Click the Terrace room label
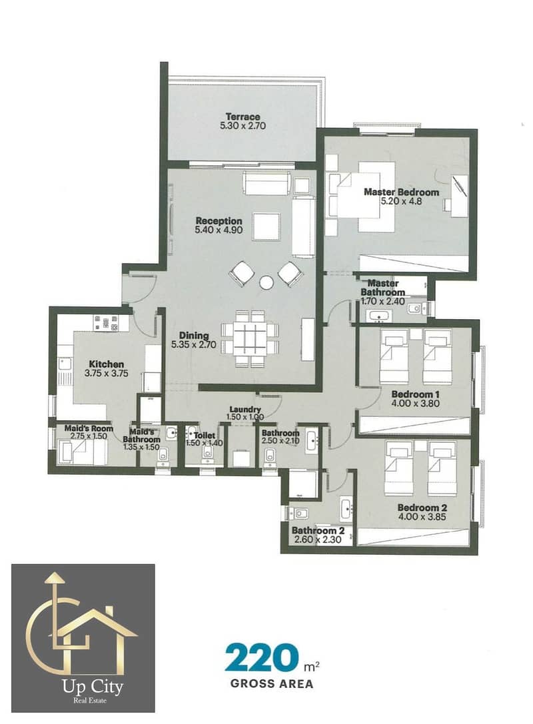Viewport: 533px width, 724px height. click(x=243, y=117)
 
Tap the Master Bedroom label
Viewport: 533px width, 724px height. click(x=401, y=192)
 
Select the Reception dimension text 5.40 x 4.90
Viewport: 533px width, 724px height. click(x=219, y=230)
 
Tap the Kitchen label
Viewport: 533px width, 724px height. click(x=106, y=364)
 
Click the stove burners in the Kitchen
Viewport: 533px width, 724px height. click(x=106, y=323)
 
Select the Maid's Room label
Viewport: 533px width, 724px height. click(x=89, y=428)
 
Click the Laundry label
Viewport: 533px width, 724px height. click(x=245, y=409)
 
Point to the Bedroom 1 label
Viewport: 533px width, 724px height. click(x=415, y=394)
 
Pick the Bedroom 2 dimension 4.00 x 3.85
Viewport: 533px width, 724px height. click(x=422, y=517)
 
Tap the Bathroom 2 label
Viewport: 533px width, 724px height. click(x=318, y=531)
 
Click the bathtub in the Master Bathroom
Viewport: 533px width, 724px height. click(x=379, y=316)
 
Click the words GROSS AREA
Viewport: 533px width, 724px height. click(x=272, y=683)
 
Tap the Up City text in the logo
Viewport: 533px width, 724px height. click(x=93, y=687)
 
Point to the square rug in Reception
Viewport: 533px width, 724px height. click(x=266, y=226)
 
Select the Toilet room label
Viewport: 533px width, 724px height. click(x=204, y=436)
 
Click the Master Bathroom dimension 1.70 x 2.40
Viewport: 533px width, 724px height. click(x=382, y=302)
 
